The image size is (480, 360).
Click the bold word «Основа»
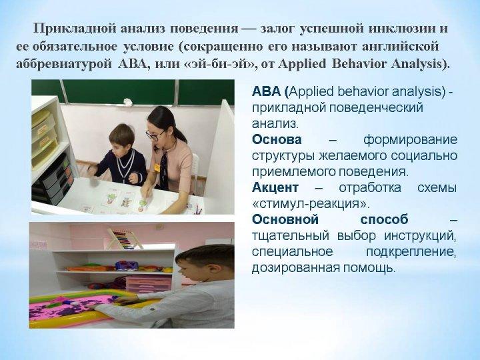277,139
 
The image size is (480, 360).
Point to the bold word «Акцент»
275,187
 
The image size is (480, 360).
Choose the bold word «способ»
385,220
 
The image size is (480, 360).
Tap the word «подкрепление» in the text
411,252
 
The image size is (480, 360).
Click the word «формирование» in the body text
410,140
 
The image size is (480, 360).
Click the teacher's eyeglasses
155,135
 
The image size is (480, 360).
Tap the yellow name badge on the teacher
157,167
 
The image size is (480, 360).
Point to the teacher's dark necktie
164,171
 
